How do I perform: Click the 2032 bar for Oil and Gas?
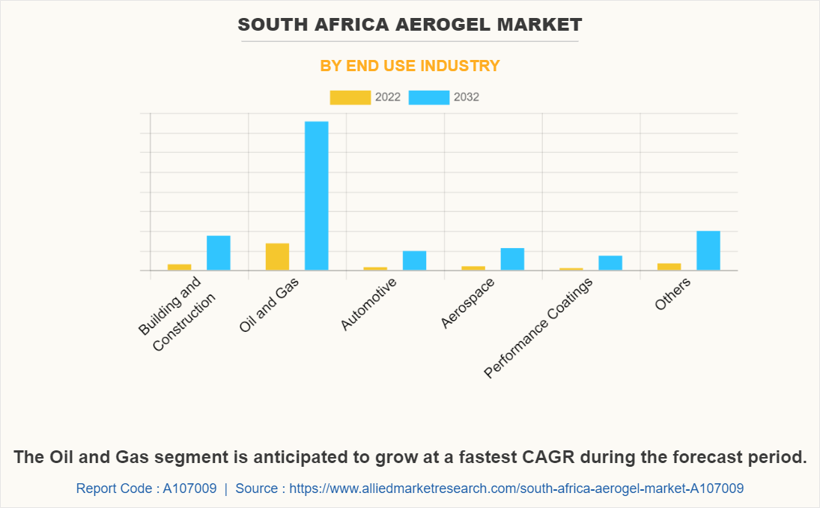(316, 196)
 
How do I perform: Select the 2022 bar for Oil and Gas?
(277, 256)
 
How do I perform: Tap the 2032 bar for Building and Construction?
(219, 253)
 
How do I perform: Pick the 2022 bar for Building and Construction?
(179, 267)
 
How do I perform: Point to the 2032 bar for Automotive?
(414, 260)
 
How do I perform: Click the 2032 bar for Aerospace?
(512, 258)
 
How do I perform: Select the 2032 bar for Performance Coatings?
(610, 262)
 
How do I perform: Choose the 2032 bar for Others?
(708, 250)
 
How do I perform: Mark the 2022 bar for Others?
(669, 266)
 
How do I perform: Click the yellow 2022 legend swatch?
(350, 97)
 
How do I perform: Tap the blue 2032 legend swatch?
(428, 97)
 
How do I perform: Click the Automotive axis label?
(368, 303)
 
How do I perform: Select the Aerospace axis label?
(467, 303)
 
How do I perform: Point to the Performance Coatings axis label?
(539, 327)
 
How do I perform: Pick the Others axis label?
(672, 293)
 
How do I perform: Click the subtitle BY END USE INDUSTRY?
(410, 66)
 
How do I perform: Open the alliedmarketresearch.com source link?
(516, 489)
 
